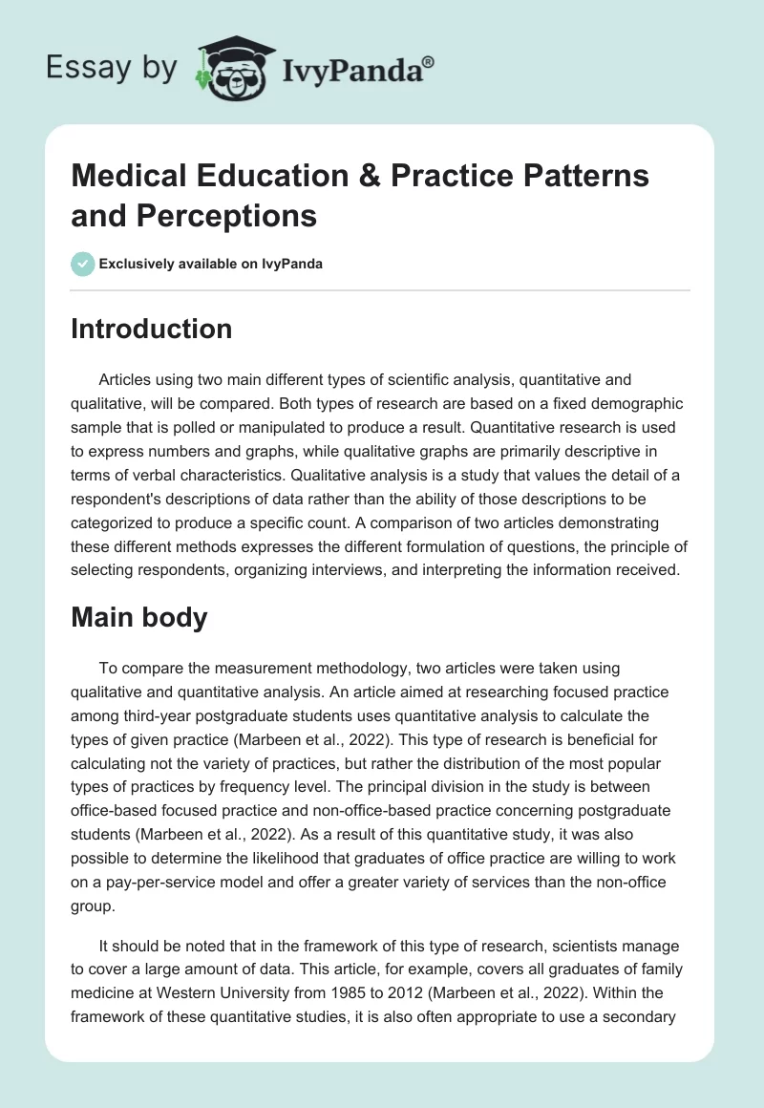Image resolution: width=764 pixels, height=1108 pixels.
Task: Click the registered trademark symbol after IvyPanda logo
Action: coord(430,61)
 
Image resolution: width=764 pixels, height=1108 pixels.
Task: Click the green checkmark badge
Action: coord(82,264)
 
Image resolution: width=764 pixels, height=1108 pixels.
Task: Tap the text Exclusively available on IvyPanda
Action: coord(210,264)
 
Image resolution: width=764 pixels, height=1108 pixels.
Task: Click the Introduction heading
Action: coord(152,329)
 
